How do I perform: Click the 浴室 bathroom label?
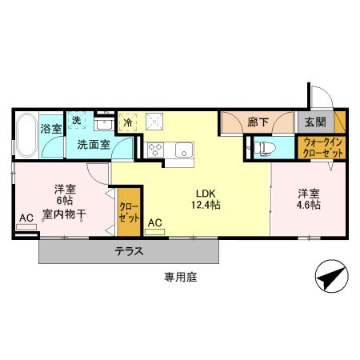51,128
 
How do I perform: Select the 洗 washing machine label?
77,120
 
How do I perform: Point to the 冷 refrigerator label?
127,123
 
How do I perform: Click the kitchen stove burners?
155,150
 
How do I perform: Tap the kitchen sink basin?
184,150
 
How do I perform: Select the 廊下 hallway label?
258,122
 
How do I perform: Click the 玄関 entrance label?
315,122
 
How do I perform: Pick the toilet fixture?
265,148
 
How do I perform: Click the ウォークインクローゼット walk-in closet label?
322,148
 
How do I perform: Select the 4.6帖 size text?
310,205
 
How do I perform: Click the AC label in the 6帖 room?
26,218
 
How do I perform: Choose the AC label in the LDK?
155,223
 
